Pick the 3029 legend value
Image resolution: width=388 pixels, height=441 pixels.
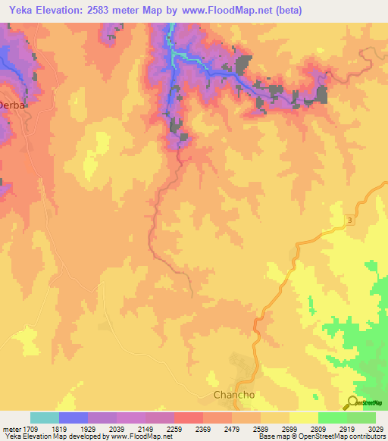coord(376,429)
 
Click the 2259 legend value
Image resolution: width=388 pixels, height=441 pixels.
coord(174,429)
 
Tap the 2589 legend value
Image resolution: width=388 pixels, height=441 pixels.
coord(261,429)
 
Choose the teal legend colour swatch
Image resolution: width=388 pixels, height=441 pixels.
coord(45,418)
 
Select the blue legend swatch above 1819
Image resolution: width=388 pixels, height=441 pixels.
coord(74,418)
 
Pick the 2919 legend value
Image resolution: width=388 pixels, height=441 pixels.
coord(347,429)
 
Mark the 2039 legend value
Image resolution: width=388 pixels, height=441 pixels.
coord(117,429)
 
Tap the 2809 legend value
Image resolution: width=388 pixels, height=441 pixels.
coord(318,429)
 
